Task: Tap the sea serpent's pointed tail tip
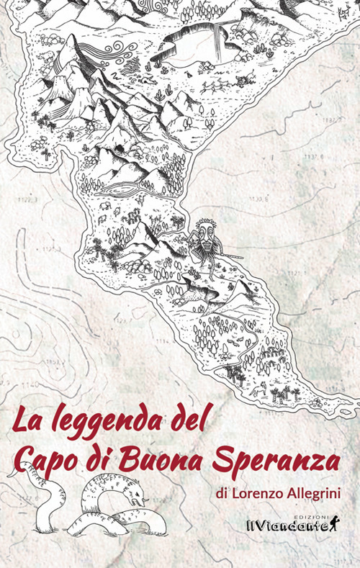pyautogui.click(x=9, y=475)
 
